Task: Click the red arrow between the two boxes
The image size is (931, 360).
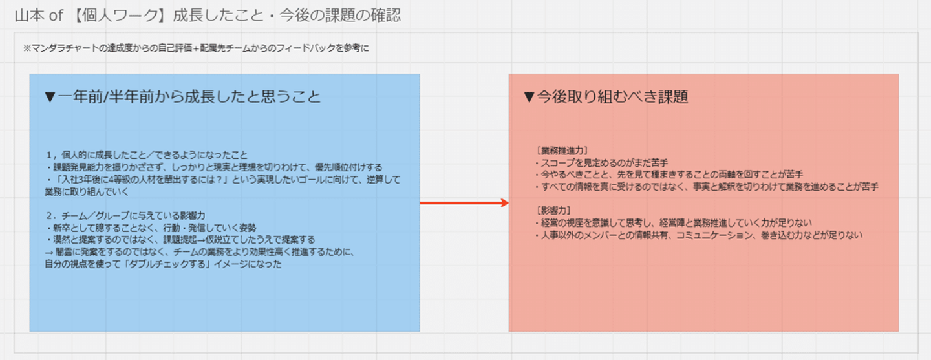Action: point(464,203)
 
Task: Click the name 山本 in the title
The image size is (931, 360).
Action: point(30,16)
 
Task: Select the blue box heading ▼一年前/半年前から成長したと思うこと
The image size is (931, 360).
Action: point(183,97)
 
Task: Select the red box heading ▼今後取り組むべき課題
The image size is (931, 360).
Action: point(606,97)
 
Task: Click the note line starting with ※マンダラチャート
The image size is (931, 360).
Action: point(196,48)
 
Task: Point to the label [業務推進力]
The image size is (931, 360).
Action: point(562,151)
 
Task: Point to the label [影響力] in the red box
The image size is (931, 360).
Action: point(553,210)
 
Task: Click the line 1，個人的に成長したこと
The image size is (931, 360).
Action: point(147,155)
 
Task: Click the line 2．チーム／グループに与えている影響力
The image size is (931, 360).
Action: point(125,216)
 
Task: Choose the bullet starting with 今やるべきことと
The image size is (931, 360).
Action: point(669,175)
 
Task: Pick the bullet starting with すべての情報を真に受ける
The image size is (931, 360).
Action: point(707,187)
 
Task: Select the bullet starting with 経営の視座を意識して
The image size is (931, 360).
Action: point(673,223)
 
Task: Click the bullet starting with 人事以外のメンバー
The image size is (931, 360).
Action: point(699,235)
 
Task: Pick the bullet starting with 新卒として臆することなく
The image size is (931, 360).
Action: point(151,228)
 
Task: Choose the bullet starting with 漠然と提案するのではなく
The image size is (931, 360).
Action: point(180,240)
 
